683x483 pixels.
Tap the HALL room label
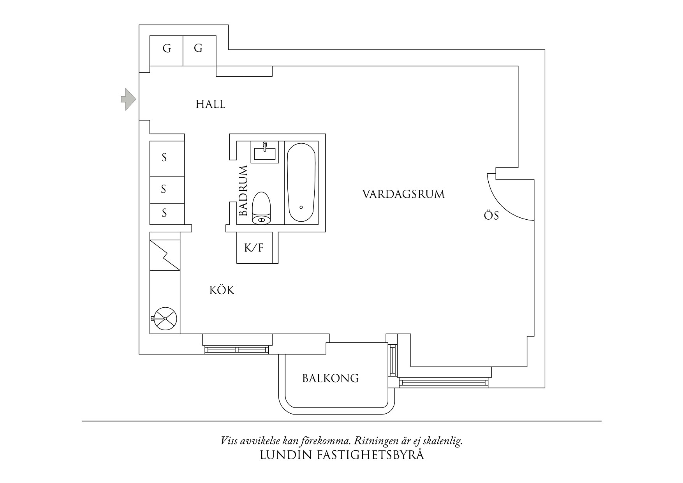(x=210, y=104)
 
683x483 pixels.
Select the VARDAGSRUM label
(x=403, y=194)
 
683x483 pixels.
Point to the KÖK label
(x=222, y=291)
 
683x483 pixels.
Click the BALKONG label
(x=330, y=378)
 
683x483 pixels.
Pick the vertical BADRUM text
(x=243, y=191)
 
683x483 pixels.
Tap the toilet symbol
(x=261, y=208)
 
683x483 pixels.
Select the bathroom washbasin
(x=265, y=152)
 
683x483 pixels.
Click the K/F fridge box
(x=254, y=248)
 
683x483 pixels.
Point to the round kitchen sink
(x=165, y=319)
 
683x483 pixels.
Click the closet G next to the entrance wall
(x=167, y=49)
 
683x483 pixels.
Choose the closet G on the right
(x=198, y=49)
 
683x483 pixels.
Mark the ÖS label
(x=491, y=216)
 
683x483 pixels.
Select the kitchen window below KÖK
(x=237, y=349)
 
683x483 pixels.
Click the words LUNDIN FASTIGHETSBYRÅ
(x=341, y=455)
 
